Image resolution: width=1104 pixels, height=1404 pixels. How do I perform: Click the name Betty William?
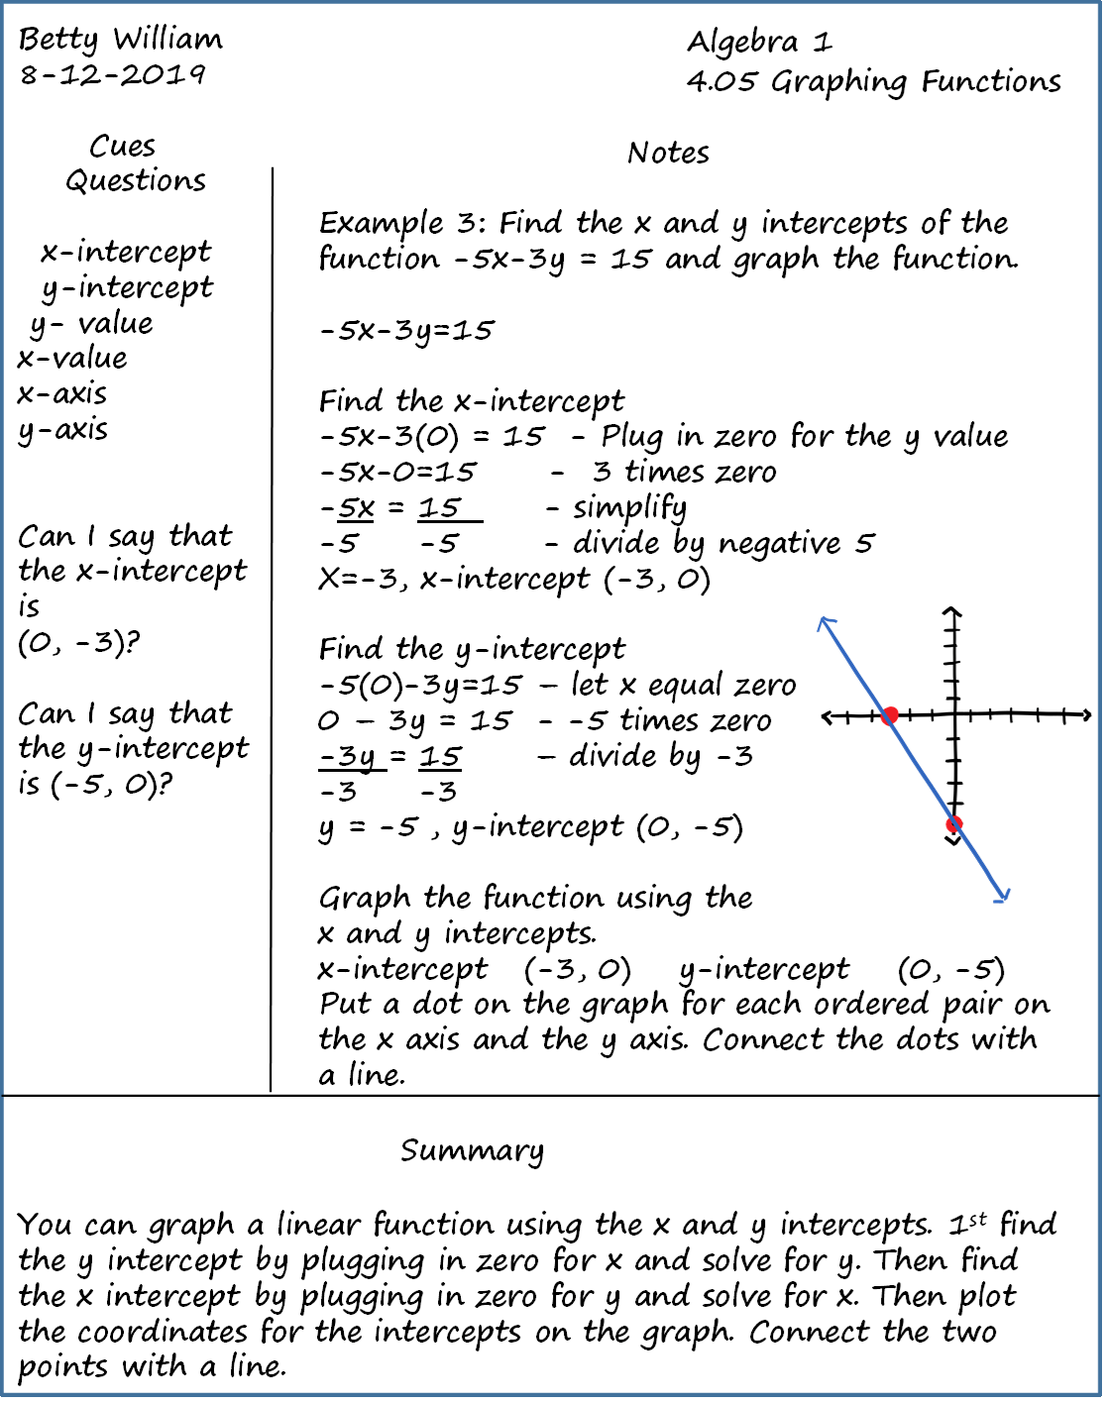click(x=121, y=40)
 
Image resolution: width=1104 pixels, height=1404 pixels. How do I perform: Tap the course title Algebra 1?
click(x=759, y=42)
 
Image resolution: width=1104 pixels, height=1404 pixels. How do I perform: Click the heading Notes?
click(x=668, y=154)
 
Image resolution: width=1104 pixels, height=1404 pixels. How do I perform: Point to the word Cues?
click(x=122, y=147)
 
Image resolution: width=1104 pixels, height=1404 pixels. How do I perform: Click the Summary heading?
click(x=472, y=1151)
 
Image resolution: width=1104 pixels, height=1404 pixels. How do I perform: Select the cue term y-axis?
click(x=62, y=430)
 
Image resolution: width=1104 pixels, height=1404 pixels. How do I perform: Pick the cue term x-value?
click(x=72, y=359)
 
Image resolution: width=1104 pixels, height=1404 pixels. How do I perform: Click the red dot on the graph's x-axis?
click(x=890, y=714)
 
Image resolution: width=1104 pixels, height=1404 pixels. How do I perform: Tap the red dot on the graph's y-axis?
click(x=954, y=824)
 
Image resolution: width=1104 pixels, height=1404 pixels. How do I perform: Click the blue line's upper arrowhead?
click(x=825, y=622)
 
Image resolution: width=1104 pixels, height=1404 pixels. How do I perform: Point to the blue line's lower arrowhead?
click(x=1003, y=897)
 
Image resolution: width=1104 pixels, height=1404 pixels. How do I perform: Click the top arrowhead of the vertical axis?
click(x=952, y=611)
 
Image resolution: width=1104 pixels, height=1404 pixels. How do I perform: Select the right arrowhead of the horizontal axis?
click(x=1086, y=714)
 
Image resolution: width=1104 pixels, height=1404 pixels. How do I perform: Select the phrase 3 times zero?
click(x=684, y=473)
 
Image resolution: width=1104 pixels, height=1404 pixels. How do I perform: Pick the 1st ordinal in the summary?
click(x=967, y=1225)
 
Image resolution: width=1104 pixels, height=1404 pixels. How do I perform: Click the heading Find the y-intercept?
click(x=472, y=650)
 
